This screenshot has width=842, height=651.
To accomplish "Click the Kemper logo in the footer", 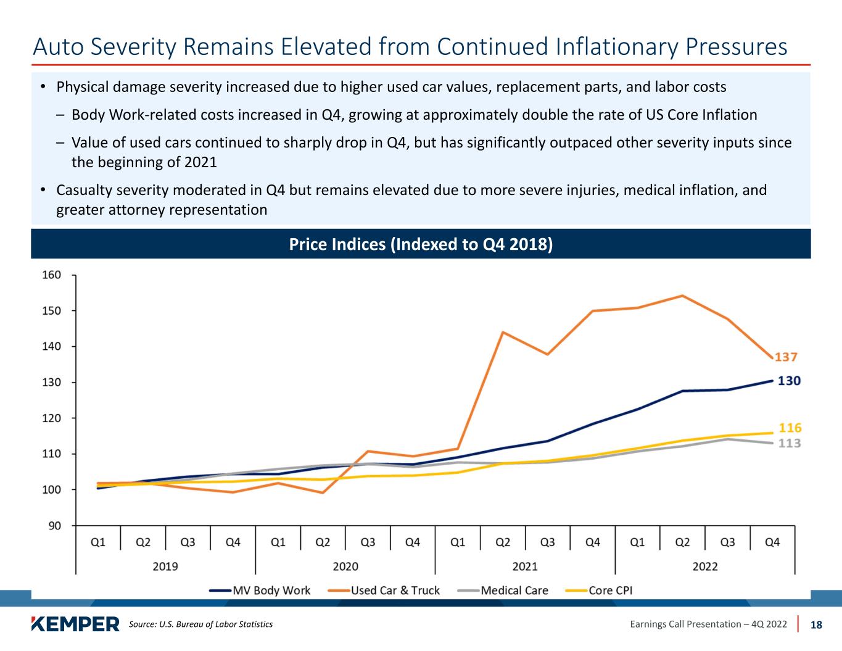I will pos(75,624).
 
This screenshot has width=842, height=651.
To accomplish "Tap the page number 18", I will pos(816,624).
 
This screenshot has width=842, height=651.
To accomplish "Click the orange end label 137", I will pos(786,357).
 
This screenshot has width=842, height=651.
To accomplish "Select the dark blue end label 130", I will pos(789,381).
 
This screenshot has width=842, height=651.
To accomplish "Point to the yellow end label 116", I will pos(790,427).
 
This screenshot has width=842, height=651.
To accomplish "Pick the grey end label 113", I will pos(790,443).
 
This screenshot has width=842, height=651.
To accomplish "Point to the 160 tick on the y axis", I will pos(52,275).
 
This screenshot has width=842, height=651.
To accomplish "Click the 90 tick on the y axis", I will pos(54,526).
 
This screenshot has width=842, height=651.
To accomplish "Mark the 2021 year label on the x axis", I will pos(525,566).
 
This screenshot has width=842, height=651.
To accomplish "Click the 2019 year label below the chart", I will pos(165,566).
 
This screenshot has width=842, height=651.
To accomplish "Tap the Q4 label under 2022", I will pos(772,542).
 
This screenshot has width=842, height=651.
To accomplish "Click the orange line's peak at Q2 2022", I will pos(682,296).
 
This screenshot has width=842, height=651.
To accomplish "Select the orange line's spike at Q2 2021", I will pos(503,332).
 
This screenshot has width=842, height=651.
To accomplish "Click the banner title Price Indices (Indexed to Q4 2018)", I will pos(421,244).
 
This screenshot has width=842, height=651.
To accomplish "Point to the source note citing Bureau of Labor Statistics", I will pos(200,624).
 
